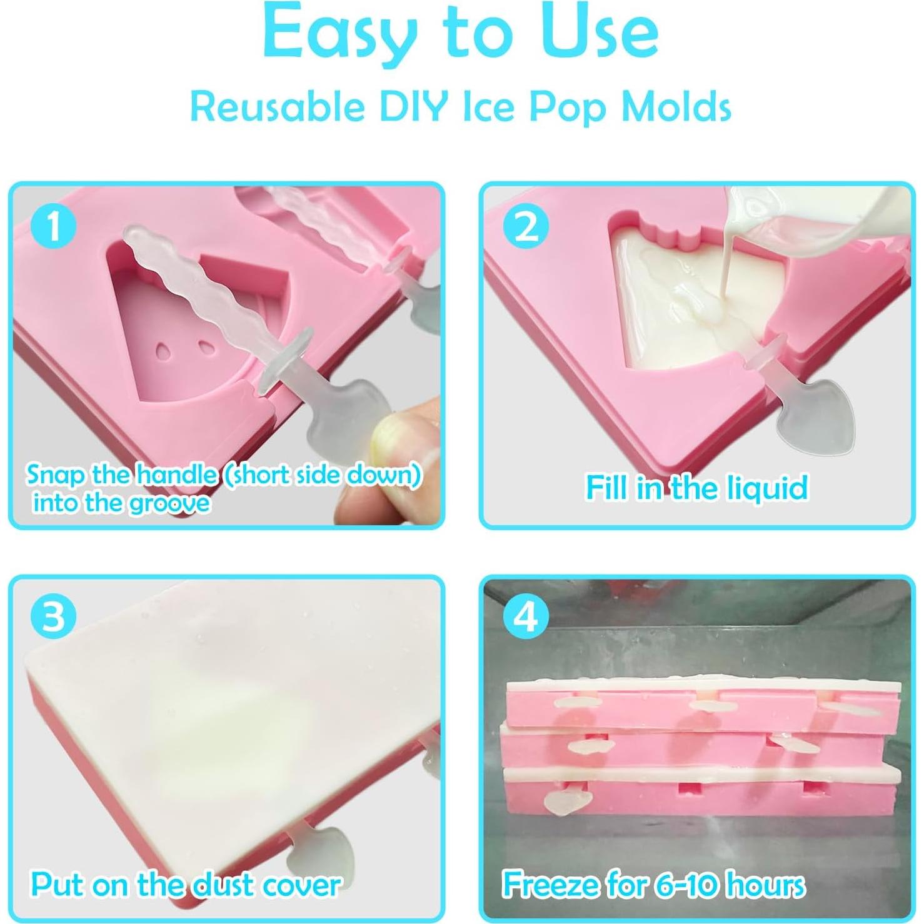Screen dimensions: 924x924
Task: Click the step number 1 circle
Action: (54, 226)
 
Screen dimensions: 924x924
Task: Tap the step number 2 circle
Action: (526, 226)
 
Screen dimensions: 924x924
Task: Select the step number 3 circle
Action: (54, 618)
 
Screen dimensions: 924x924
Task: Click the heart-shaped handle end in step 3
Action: (328, 850)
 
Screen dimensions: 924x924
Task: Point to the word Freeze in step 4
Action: (551, 885)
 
